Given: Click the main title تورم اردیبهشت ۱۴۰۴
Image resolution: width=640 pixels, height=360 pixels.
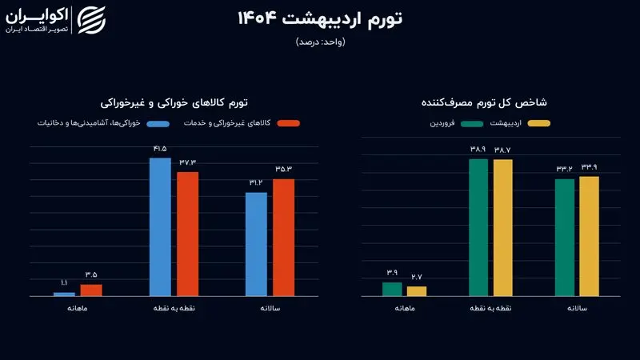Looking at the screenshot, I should click(x=320, y=20).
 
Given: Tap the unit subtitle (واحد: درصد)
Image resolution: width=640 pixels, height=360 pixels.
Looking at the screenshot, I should click(x=320, y=42).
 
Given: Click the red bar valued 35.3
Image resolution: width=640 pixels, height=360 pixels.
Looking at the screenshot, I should click(x=284, y=238).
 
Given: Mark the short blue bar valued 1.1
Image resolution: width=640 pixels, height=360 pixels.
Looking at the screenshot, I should click(x=64, y=294).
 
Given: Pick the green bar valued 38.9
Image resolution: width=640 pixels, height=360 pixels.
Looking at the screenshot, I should click(x=478, y=227).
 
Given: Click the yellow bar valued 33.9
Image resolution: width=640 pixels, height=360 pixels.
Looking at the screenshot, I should click(x=589, y=236).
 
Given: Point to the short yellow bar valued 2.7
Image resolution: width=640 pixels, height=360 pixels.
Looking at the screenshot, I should click(x=417, y=291).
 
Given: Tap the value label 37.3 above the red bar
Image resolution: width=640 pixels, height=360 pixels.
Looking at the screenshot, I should click(x=188, y=162).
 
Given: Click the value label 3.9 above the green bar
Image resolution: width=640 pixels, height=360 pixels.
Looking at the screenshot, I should click(x=392, y=272).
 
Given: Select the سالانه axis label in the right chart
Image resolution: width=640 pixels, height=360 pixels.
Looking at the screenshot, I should click(x=577, y=308).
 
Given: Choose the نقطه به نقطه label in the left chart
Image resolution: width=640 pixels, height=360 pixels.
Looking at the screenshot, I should click(x=174, y=308).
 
